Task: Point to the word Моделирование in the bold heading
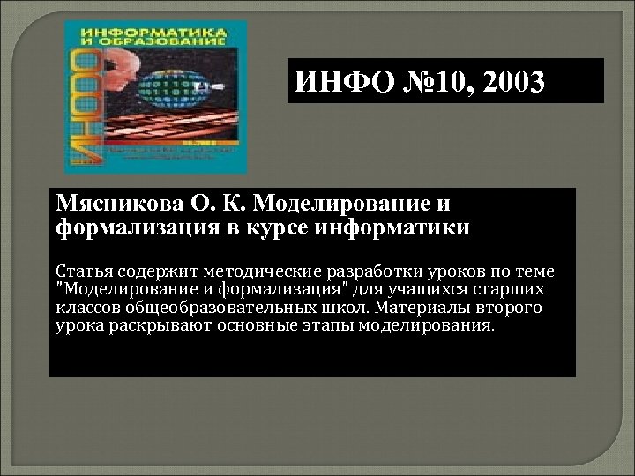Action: point(340,205)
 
